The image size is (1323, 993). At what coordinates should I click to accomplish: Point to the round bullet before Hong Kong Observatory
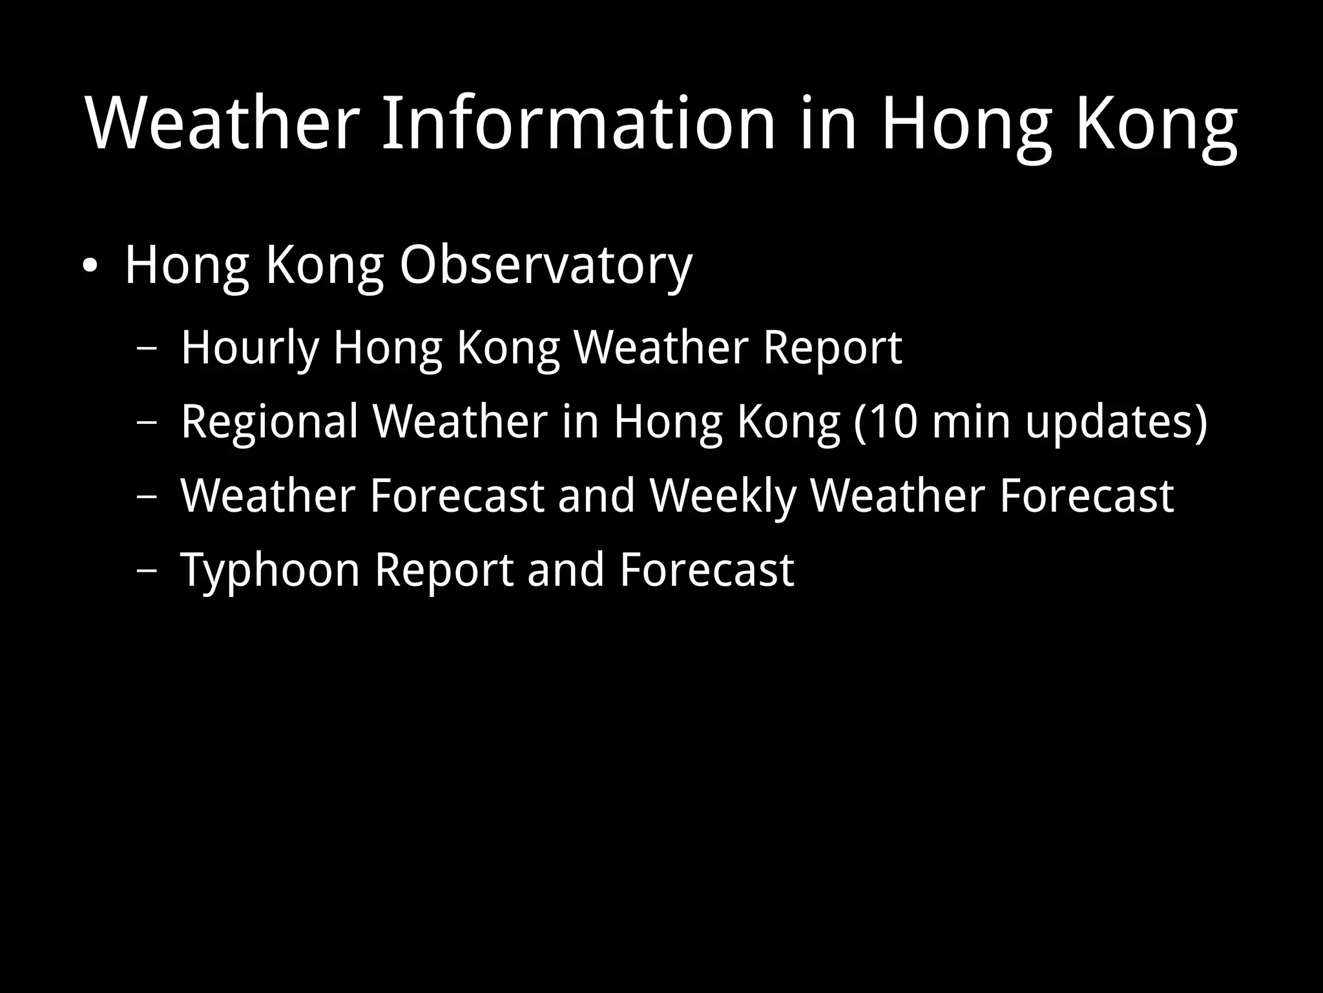pyautogui.click(x=90, y=266)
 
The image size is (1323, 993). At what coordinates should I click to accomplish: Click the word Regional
pyautogui.click(x=269, y=421)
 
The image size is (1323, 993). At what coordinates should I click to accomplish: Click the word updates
pyautogui.click(x=1108, y=421)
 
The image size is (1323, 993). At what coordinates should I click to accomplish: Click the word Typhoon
pyautogui.click(x=270, y=570)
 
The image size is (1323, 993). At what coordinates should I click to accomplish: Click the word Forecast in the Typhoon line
pyautogui.click(x=706, y=570)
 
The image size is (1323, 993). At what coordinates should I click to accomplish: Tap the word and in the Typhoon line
pyautogui.click(x=566, y=570)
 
